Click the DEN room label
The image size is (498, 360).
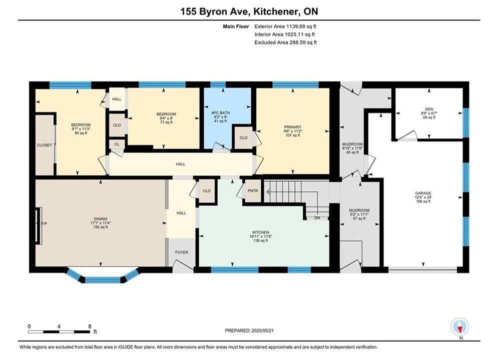pyautogui.click(x=429, y=109)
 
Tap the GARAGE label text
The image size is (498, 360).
pyautogui.click(x=423, y=193)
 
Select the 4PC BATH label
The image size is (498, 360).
pyautogui.click(x=220, y=113)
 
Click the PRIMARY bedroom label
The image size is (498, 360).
pyautogui.click(x=292, y=127)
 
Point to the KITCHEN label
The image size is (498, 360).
pyautogui.click(x=261, y=232)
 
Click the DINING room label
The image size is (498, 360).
pyautogui.click(x=101, y=219)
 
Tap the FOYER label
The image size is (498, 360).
pyautogui.click(x=182, y=252)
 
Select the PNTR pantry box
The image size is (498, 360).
pyautogui.click(x=253, y=191)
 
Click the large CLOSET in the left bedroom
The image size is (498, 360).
pyautogui.click(x=45, y=145)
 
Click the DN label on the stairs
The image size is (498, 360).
pyautogui.click(x=317, y=218)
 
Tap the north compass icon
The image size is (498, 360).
pyautogui.click(x=460, y=326)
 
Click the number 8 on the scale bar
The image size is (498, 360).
pyautogui.click(x=90, y=326)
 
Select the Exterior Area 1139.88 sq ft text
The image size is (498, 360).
pyautogui.click(x=285, y=26)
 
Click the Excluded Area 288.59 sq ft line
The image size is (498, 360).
pyautogui.click(x=285, y=42)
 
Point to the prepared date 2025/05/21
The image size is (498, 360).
pyautogui.click(x=262, y=330)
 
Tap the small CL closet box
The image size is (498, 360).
pyautogui.click(x=117, y=144)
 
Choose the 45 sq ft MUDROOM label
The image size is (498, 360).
pyautogui.click(x=352, y=148)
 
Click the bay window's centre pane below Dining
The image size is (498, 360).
pyautogui.click(x=103, y=280)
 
